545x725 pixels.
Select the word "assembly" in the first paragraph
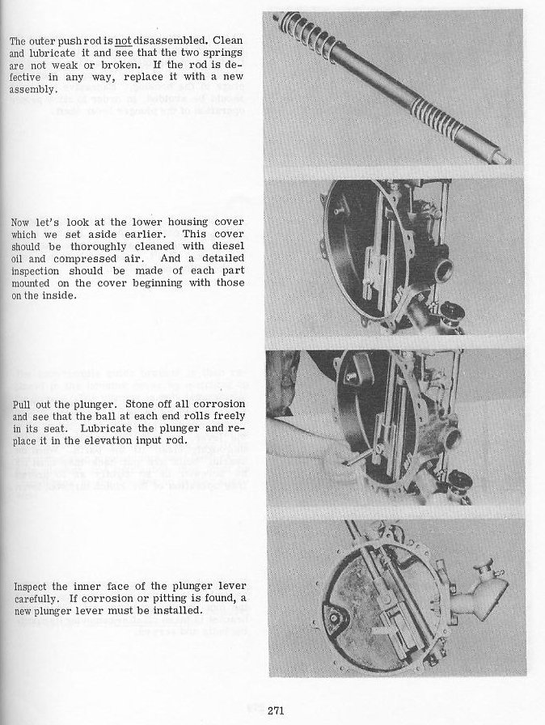coord(32,90)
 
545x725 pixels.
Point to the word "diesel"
coord(229,259)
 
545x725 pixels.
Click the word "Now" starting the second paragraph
coord(22,222)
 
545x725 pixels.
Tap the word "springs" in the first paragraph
coord(225,53)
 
